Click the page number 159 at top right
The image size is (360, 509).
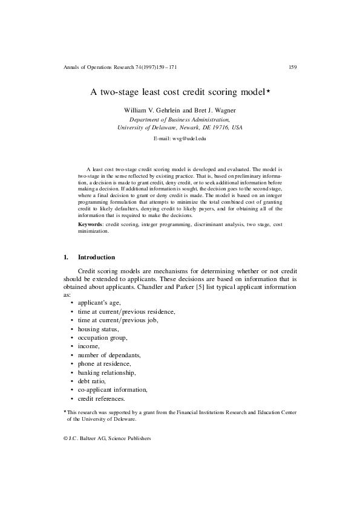click(292, 66)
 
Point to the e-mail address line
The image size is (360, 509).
click(180, 139)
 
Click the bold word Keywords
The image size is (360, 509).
click(90, 224)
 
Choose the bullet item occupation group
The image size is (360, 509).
click(102, 337)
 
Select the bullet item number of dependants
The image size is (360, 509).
click(109, 355)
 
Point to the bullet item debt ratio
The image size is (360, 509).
click(92, 381)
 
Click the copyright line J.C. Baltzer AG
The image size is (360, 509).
click(106, 438)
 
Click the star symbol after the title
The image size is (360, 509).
click(269, 91)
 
